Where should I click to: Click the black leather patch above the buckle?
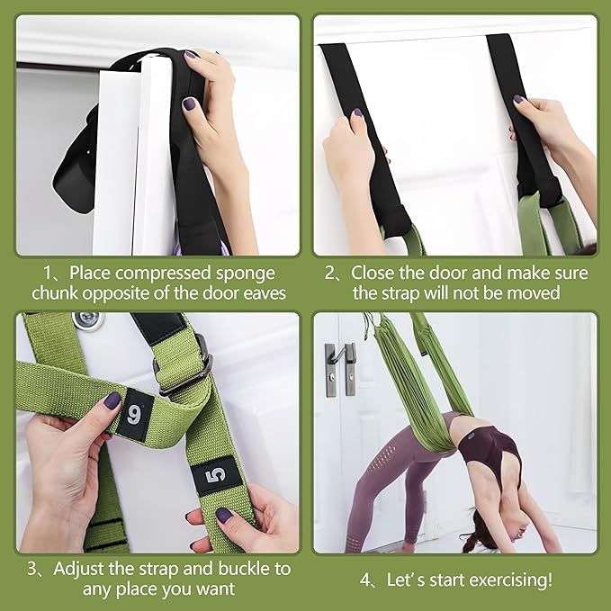[158, 327]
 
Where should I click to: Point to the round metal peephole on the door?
[87, 320]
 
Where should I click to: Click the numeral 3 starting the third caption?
[33, 569]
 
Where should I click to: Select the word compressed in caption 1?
[191, 272]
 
